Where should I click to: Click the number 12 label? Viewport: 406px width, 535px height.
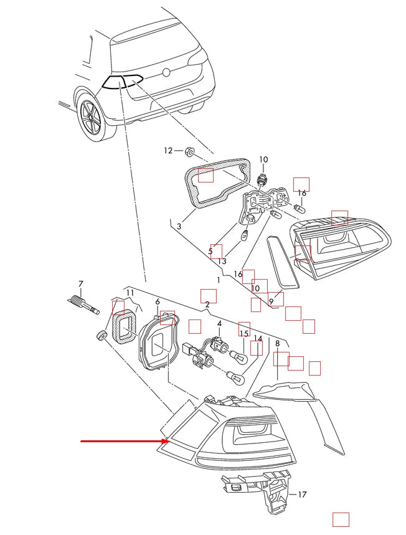(x=168, y=150)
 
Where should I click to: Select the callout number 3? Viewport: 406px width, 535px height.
(x=179, y=227)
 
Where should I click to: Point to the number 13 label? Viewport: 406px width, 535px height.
(x=222, y=261)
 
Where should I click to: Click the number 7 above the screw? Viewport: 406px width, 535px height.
(x=80, y=284)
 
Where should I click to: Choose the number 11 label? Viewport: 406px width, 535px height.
(x=130, y=293)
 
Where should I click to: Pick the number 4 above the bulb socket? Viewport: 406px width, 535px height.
(x=219, y=324)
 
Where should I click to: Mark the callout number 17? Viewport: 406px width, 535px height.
(x=302, y=495)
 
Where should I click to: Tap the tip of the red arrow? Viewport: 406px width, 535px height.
(x=163, y=442)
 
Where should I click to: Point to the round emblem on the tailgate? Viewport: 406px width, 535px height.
(x=166, y=72)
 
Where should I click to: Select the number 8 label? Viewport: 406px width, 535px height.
(x=277, y=343)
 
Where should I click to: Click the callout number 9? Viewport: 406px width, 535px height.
(x=271, y=301)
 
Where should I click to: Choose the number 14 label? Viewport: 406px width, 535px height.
(x=258, y=339)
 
